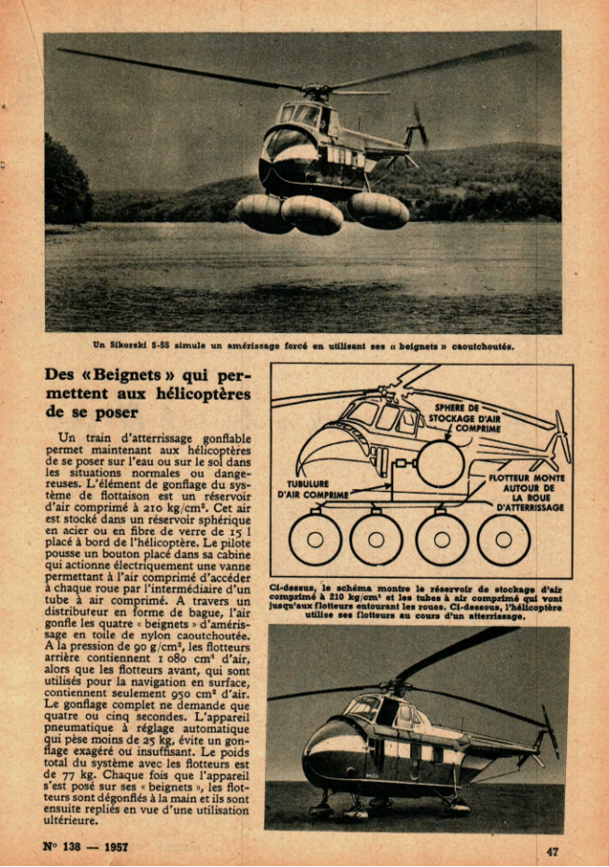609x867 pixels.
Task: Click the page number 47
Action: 553,850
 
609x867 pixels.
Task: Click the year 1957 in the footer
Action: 112,847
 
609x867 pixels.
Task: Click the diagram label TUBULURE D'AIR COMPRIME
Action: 314,489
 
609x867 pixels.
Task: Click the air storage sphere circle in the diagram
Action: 440,464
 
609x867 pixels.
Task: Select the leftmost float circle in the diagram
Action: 315,538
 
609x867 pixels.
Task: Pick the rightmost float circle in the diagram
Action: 503,538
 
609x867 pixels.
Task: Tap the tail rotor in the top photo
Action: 416,127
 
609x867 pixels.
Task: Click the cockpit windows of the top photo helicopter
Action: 301,115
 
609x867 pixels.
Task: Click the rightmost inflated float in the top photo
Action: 378,211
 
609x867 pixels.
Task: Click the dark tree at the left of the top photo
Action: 65,182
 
